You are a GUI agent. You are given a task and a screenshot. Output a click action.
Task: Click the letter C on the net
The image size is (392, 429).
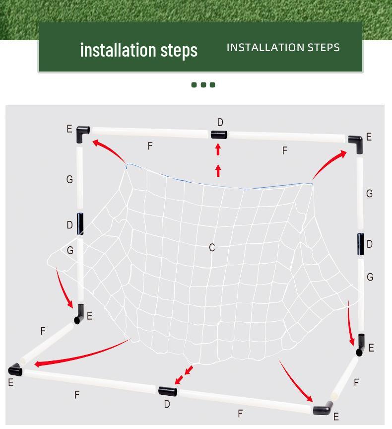tap(212, 248)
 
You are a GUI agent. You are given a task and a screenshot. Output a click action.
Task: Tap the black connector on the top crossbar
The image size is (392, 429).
tap(219, 135)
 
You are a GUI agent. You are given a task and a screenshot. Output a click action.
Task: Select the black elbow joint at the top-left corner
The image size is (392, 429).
tap(82, 134)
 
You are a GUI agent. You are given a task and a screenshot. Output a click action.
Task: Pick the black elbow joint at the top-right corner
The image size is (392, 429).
tap(356, 144)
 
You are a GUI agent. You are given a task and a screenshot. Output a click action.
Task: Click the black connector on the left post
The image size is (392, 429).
tap(80, 224)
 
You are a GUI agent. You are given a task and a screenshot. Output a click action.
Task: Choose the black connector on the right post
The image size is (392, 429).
tap(361, 244)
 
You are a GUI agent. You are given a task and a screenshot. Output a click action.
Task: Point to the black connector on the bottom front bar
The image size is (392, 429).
tap(168, 391)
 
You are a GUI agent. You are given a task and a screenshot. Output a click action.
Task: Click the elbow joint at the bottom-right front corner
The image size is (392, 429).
tap(323, 408)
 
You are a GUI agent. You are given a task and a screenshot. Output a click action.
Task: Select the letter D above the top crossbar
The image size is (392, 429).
tap(220, 122)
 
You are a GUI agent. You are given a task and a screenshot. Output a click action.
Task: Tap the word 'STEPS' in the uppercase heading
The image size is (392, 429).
tap(324, 48)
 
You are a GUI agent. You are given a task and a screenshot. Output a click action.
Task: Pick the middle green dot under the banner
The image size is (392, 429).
tap(203, 85)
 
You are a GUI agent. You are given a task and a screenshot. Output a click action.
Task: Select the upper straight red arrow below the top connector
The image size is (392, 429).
tap(218, 149)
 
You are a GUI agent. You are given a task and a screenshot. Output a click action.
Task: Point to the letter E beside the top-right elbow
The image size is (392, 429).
tap(369, 137)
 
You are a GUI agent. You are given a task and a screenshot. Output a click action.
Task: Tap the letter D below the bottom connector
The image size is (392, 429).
tap(167, 404)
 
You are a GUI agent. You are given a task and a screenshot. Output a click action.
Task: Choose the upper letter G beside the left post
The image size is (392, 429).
tap(69, 179)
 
